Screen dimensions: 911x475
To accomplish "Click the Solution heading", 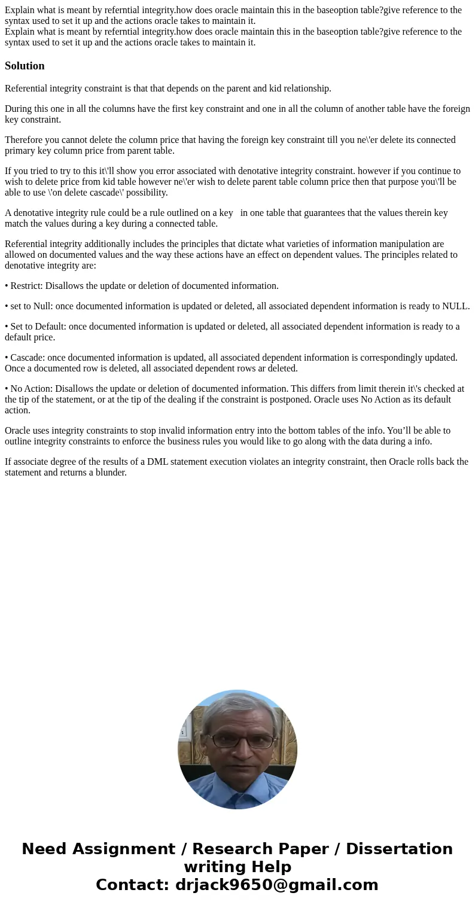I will (25, 66).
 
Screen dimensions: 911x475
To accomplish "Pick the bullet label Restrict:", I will (27, 286).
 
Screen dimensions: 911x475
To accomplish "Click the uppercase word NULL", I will (455, 306).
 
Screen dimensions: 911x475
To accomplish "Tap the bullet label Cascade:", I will (28, 358).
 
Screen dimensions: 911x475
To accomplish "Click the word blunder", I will (108, 473).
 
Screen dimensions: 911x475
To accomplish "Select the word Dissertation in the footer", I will (399, 849).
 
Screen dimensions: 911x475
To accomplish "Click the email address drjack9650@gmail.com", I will (277, 885).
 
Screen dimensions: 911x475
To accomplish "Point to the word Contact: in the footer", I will (132, 885).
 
